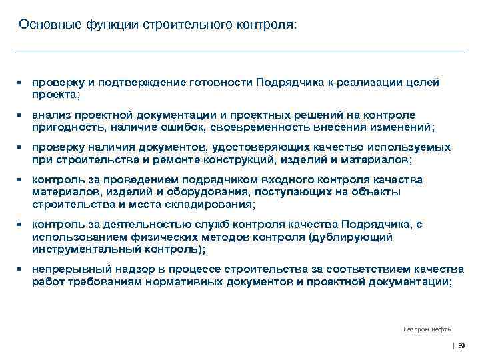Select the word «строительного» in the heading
pos(185,25)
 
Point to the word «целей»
pos(423,82)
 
